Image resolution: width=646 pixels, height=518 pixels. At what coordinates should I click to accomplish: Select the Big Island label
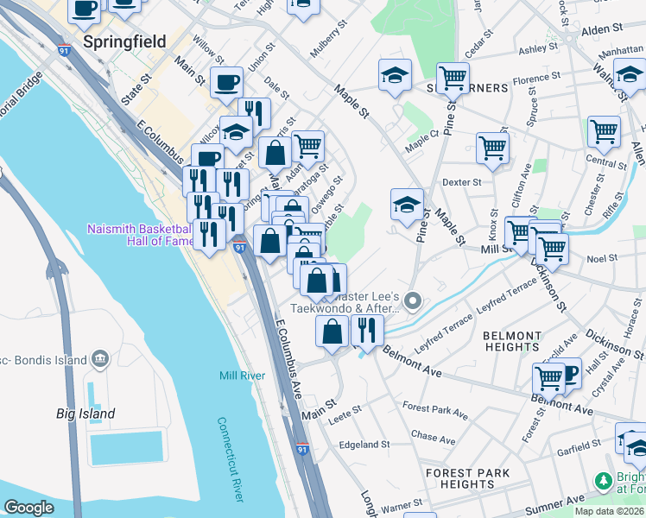pos(85,414)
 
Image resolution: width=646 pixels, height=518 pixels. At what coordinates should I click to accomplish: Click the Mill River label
pos(242,376)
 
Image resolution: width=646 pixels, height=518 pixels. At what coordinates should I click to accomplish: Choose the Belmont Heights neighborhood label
pos(512,340)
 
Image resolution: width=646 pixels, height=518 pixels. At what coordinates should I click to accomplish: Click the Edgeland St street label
pos(365,445)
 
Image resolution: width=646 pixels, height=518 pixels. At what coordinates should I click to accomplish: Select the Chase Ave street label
pos(433,437)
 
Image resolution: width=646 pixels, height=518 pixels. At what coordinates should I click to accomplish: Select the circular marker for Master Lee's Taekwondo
pos(414,301)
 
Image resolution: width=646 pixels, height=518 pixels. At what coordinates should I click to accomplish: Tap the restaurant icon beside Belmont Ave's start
pos(367,331)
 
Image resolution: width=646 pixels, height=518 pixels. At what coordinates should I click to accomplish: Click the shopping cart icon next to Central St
pos(604,132)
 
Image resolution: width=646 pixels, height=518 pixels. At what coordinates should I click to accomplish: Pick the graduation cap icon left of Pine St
pos(407,205)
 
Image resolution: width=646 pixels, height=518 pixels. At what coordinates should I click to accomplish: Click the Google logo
pos(29,507)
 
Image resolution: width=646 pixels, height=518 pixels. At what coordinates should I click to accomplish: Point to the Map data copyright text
pos(609,511)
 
